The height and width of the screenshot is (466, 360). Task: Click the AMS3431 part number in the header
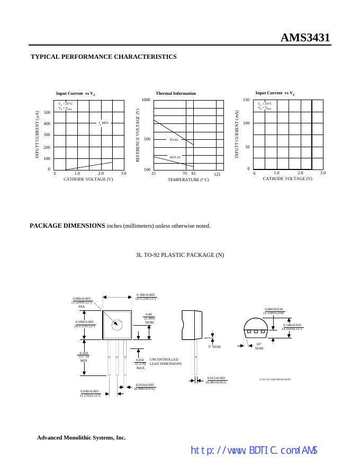pos(305,38)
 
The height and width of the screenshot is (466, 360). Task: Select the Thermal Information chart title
pos(176,93)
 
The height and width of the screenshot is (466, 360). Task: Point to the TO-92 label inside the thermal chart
pos(174,140)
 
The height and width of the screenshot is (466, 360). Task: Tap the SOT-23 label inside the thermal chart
pos(175,157)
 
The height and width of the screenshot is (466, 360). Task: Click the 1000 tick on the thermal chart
pos(146,100)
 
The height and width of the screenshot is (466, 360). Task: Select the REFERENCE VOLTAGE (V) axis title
pos(138,136)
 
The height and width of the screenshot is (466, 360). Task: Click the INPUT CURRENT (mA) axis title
pos(238,134)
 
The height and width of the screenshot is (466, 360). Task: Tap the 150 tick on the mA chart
pos(246,100)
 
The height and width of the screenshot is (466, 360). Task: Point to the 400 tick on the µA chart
pos(47,124)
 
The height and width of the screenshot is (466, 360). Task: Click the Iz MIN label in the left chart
pos(103,123)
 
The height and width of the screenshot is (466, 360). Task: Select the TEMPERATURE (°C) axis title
pos(188,180)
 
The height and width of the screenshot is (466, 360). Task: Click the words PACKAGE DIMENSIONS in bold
pos(67,226)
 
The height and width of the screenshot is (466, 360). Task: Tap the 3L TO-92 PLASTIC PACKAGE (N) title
pos(180,255)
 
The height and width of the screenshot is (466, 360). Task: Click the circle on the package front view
pos(118,325)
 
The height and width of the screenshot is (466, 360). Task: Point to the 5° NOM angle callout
pos(214,346)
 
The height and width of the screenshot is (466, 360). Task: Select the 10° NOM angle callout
pos(259,346)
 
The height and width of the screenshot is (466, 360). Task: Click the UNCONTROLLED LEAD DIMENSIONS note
pos(166,362)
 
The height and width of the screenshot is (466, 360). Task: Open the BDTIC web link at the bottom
pos(254,451)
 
